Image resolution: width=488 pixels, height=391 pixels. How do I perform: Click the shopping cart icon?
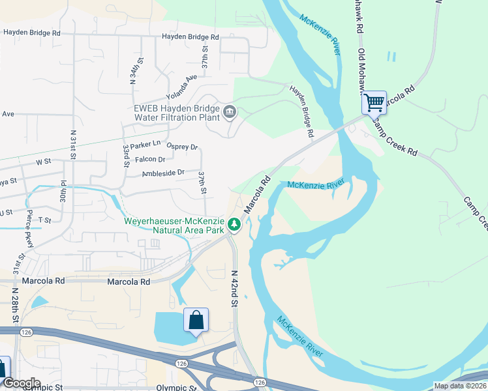point(374,102)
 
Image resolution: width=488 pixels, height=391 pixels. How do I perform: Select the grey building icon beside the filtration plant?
point(230,112)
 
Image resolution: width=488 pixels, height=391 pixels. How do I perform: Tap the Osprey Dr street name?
point(182,147)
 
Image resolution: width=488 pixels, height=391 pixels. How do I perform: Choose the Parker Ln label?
point(145,144)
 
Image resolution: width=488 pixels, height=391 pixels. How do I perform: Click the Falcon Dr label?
point(149,159)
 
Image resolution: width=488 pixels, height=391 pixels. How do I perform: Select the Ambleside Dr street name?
point(163,173)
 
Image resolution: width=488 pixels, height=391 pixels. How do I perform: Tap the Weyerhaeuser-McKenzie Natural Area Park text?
point(175,225)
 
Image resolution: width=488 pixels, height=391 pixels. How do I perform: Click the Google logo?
point(21,383)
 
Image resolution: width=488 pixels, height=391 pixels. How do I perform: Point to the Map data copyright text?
point(460,386)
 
